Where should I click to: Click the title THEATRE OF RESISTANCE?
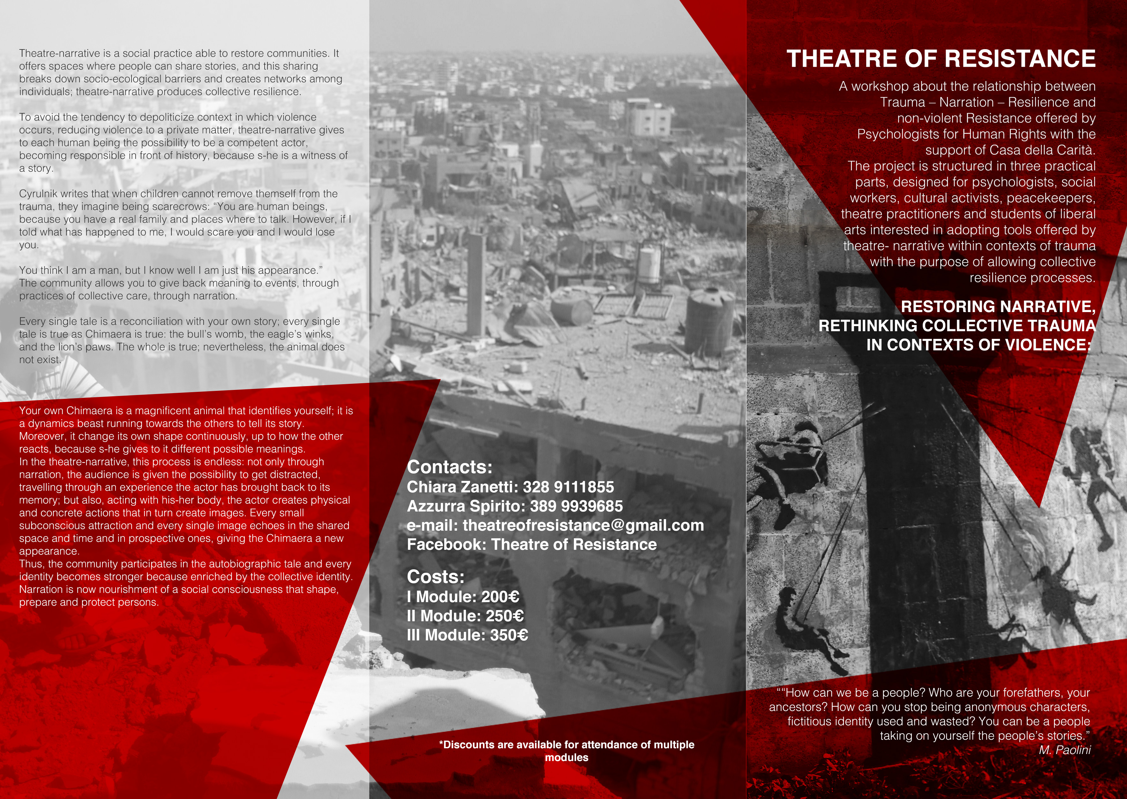(941, 58)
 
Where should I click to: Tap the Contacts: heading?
(449, 467)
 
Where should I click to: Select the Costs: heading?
(436, 577)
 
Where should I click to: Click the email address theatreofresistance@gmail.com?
(583, 526)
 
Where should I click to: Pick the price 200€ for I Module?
(500, 597)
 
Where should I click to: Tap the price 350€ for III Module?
(509, 635)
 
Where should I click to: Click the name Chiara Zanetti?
(460, 487)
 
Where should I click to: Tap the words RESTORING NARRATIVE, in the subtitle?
(998, 307)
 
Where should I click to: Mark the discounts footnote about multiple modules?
(567, 751)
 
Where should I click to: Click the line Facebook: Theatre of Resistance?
(531, 545)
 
